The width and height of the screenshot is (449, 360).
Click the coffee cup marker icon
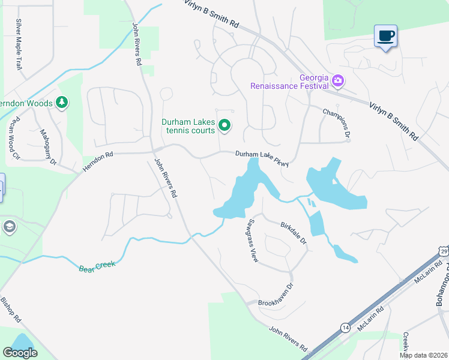point(385,36)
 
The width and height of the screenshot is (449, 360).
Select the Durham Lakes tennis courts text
point(188,126)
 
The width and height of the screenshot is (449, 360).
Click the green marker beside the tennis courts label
point(224,125)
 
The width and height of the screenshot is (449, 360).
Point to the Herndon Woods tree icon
point(61,103)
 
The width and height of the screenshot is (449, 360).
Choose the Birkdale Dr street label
point(294,233)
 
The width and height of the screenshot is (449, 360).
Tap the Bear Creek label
point(97,265)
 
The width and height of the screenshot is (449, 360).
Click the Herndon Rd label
point(98,163)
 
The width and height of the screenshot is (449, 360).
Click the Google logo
point(20,353)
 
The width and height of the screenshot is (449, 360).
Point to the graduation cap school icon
point(9,227)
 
